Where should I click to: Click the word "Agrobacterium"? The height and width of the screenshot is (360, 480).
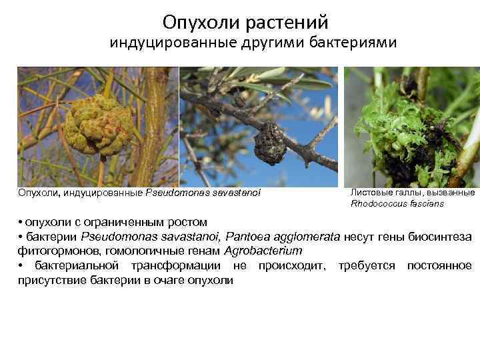[263, 251]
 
